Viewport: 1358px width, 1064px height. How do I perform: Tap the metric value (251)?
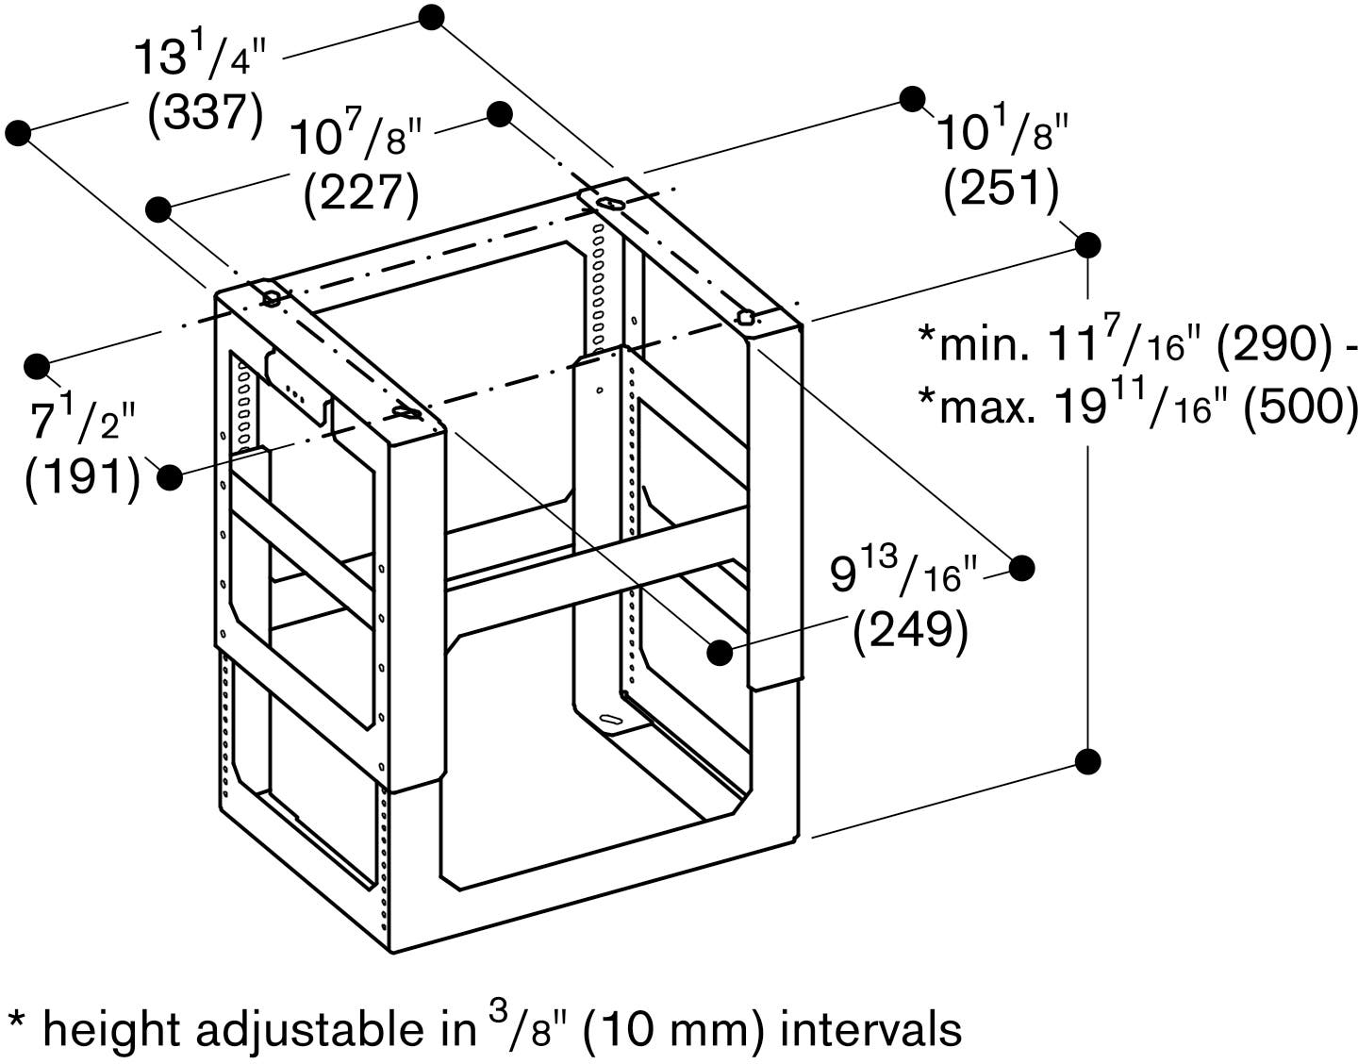tap(1001, 188)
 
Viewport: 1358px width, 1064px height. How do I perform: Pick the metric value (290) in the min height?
tap(1275, 345)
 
